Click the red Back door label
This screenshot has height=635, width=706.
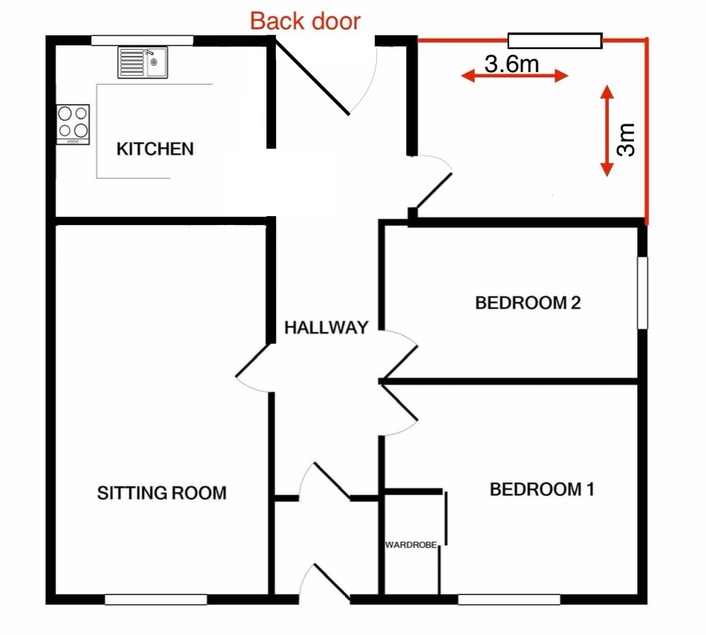(305, 22)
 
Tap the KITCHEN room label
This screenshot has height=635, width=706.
(155, 149)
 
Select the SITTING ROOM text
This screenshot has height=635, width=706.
(162, 493)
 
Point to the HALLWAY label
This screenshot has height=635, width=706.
(326, 327)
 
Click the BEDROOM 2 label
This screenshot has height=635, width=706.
(528, 303)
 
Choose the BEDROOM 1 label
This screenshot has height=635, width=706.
(542, 490)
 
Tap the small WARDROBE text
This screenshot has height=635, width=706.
(411, 545)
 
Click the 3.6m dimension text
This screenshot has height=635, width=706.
(512, 64)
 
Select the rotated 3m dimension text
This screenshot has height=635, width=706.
(626, 139)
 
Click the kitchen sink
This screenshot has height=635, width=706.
(142, 62)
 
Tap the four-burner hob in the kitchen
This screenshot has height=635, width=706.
(73, 124)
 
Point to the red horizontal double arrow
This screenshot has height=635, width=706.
(515, 76)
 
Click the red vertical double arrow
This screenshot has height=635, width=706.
(607, 131)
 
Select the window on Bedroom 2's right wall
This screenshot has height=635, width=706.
(643, 293)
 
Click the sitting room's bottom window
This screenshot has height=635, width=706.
(156, 600)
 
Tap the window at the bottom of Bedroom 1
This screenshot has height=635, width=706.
(509, 600)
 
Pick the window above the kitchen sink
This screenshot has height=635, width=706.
(142, 40)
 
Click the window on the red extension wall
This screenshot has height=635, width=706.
(555, 41)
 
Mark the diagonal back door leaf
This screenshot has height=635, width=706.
(312, 76)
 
